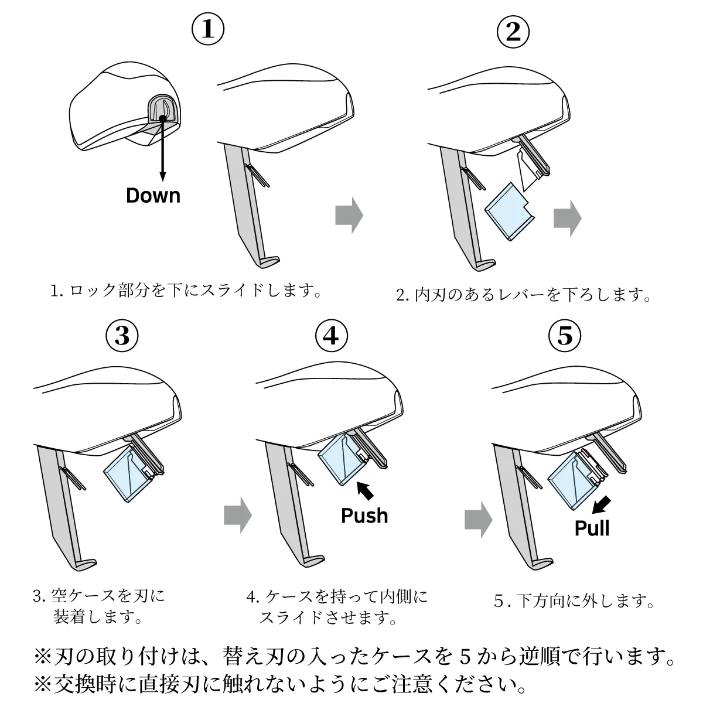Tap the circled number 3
pos(122,336)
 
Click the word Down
pos(153,195)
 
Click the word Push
pos(364,516)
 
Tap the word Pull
pos(592,528)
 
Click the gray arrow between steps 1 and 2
pos(349,216)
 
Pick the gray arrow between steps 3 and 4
pos(237,516)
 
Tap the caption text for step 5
pos(574,600)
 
